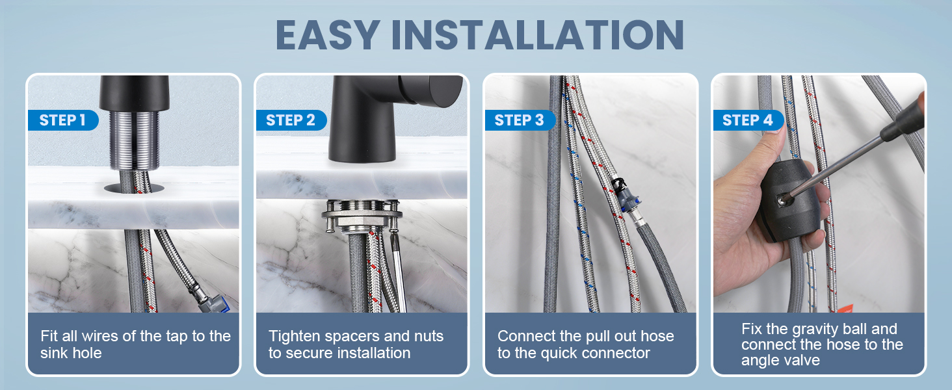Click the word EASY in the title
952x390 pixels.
click(x=328, y=35)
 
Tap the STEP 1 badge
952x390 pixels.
click(x=63, y=120)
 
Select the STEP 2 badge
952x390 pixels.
click(x=291, y=120)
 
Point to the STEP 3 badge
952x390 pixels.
click(x=520, y=120)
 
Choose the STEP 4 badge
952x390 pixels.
click(x=748, y=120)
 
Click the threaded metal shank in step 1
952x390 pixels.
click(x=135, y=140)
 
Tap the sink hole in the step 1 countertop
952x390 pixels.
click(x=134, y=188)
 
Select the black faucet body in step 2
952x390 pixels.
click(x=374, y=119)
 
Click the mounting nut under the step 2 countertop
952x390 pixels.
click(x=362, y=216)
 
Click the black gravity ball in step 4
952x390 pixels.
click(x=789, y=200)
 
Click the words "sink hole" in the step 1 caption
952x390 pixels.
click(x=71, y=353)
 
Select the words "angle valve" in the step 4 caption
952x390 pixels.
click(x=781, y=360)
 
